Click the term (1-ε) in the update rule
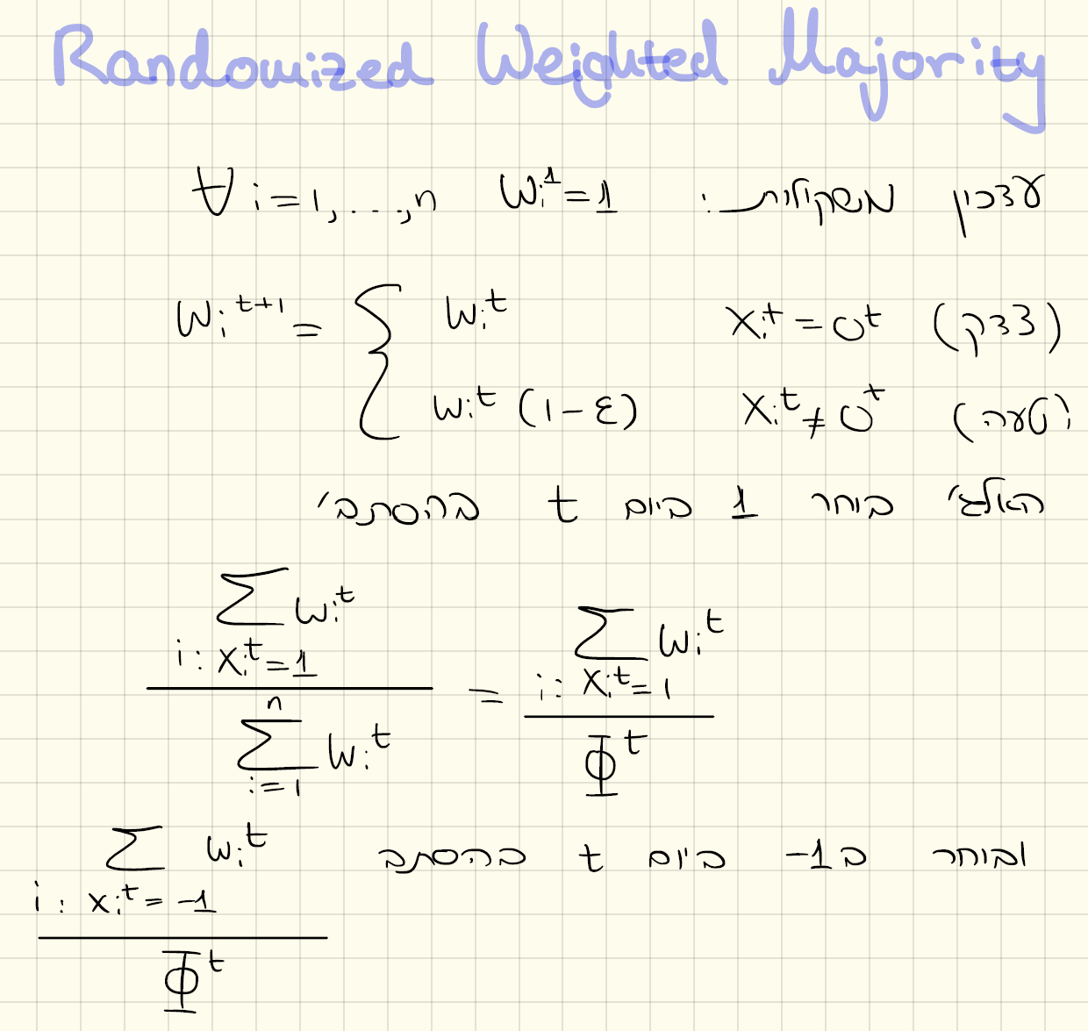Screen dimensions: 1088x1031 577,410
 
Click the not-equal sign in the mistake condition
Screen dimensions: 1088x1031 815,419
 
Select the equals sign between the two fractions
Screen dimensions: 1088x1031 485,696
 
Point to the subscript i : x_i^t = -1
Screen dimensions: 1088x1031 125,899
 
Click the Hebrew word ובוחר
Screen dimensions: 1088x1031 980,854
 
